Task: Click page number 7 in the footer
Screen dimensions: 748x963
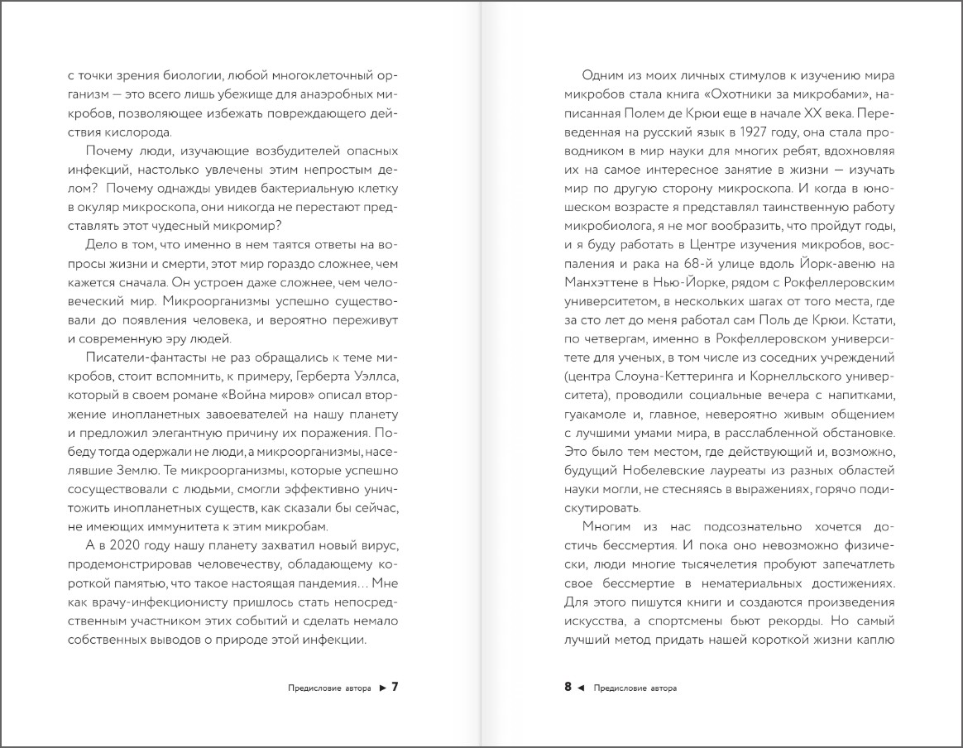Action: click(x=395, y=686)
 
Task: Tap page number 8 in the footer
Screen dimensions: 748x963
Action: click(x=568, y=686)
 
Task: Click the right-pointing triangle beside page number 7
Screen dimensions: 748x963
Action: click(x=382, y=687)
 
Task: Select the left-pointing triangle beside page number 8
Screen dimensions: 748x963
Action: click(x=580, y=687)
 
